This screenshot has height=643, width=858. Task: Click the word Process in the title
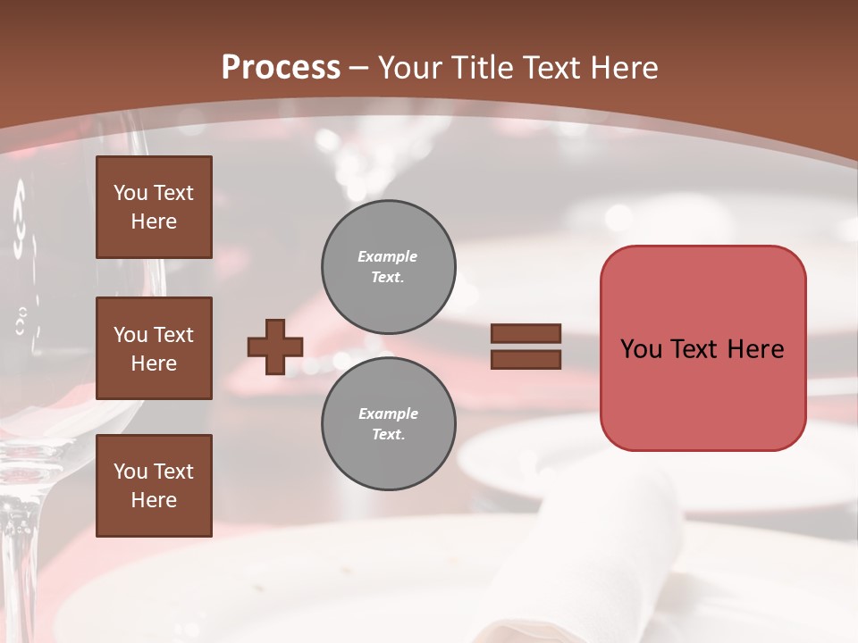point(281,68)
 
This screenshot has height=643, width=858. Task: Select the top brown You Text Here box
point(154,207)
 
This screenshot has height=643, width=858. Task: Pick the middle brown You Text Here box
point(154,348)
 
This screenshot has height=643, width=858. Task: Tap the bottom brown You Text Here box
point(154,486)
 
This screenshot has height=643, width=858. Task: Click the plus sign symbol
point(275,347)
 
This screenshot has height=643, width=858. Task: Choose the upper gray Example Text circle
point(388,267)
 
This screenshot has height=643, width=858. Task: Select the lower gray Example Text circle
point(388,424)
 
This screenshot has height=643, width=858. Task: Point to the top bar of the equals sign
point(526,334)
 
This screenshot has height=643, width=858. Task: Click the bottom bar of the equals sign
point(526,360)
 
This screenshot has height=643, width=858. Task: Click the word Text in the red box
point(694,349)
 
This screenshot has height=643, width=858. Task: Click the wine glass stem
point(20,554)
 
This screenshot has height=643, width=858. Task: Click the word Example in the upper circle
point(388,256)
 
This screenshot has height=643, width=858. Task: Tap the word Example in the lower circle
point(388,413)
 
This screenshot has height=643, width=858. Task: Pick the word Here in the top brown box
point(154,221)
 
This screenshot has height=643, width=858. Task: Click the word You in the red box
point(641,349)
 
